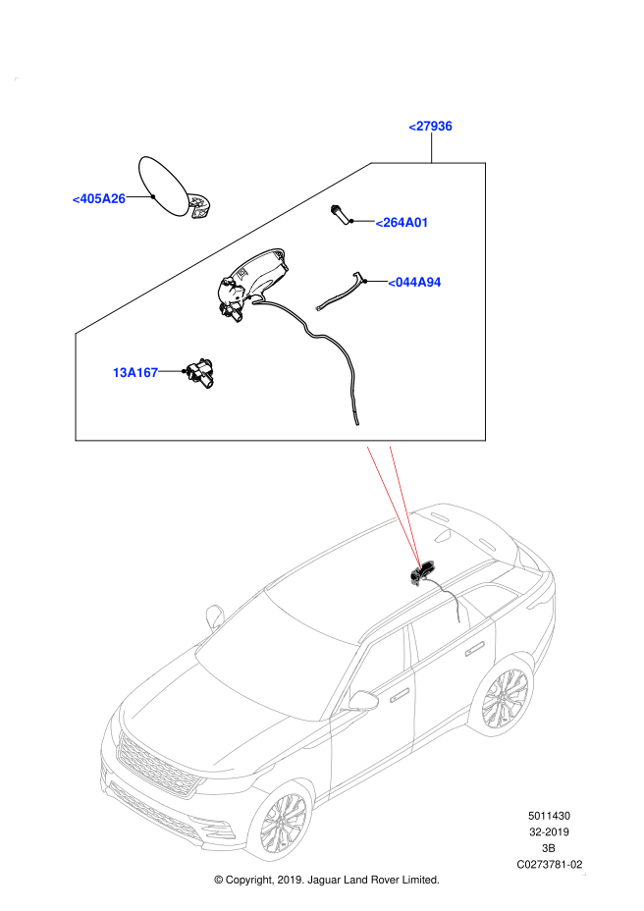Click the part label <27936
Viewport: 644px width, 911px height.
430,126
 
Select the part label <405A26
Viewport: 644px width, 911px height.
99,198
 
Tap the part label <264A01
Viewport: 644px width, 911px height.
402,223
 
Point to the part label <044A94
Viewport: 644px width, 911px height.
414,283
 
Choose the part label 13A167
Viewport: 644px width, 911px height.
135,372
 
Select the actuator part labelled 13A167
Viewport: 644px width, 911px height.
198,372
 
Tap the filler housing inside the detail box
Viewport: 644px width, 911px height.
253,283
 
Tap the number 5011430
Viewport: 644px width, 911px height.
549,816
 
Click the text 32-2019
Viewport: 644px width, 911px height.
549,832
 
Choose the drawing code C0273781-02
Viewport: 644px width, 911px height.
549,865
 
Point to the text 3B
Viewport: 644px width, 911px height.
548,848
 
